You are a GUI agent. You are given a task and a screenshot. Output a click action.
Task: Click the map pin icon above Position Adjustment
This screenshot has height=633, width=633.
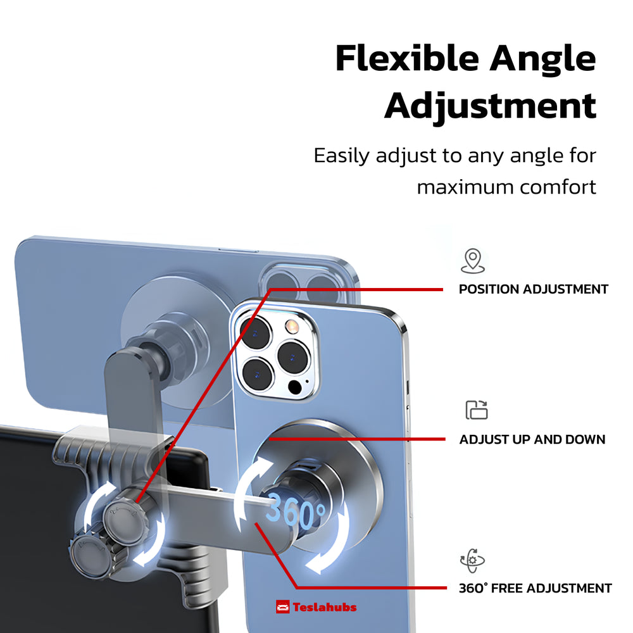click(x=472, y=261)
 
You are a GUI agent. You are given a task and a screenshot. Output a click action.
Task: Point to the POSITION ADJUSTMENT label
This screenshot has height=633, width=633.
click(x=533, y=289)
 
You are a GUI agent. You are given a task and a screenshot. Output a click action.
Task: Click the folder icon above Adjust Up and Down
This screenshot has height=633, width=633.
click(x=477, y=410)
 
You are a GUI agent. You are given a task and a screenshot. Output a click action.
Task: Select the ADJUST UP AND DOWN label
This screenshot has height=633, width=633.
click(x=532, y=439)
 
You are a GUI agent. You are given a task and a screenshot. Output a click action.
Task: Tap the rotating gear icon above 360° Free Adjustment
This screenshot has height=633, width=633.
click(x=472, y=561)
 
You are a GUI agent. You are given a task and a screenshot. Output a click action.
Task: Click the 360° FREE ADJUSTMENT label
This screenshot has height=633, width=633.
click(x=535, y=588)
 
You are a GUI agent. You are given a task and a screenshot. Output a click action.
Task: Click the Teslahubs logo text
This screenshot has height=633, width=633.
click(x=324, y=607)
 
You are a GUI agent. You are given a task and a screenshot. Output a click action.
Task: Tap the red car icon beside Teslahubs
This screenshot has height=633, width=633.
click(x=283, y=607)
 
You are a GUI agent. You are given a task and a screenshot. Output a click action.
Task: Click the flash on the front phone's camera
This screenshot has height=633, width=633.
click(x=292, y=327)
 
